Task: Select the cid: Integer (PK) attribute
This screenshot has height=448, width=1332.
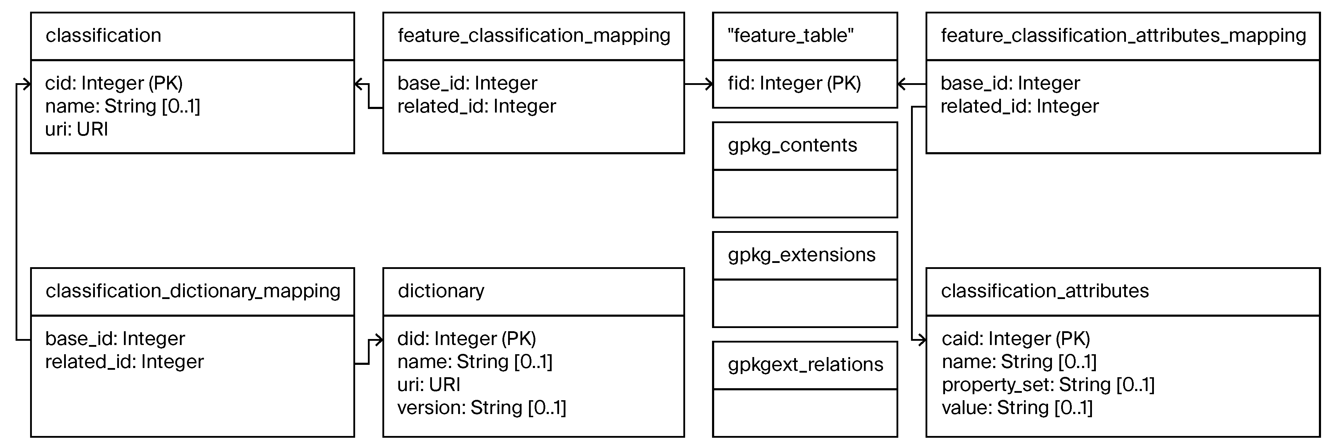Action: coord(114,83)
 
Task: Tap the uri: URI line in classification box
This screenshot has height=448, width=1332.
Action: coord(76,129)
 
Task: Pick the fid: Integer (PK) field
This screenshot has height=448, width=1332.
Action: coord(794,83)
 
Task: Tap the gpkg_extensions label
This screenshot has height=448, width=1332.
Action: coord(802,255)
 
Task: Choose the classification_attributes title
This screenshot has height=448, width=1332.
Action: coord(1044,291)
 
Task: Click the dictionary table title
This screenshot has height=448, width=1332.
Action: coord(440,291)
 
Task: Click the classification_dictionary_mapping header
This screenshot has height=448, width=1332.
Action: coord(193,291)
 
